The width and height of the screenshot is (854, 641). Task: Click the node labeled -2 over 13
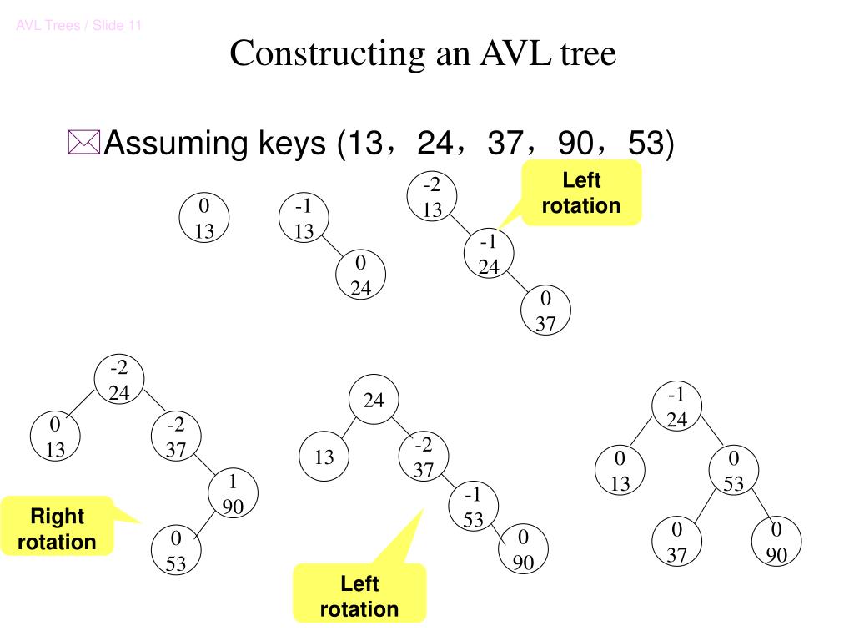[x=432, y=197]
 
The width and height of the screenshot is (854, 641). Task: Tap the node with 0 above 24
[x=360, y=276]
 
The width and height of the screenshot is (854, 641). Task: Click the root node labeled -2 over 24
[x=119, y=381]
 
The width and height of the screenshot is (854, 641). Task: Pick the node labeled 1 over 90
[x=232, y=494]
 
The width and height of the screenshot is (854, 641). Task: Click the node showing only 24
[x=374, y=401]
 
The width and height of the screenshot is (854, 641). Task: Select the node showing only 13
[x=324, y=457]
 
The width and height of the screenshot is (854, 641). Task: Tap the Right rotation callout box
[x=57, y=529]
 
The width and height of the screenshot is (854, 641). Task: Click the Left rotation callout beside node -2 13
[x=581, y=193]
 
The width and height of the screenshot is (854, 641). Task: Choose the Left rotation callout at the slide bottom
[x=359, y=596]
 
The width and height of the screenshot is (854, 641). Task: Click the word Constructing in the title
[x=325, y=54]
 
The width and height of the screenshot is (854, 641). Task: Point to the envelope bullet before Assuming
[x=83, y=143]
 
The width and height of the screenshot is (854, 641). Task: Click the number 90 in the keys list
[x=575, y=144]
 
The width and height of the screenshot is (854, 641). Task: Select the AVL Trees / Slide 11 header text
[x=79, y=26]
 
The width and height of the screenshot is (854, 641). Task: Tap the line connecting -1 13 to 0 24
[x=332, y=248]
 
